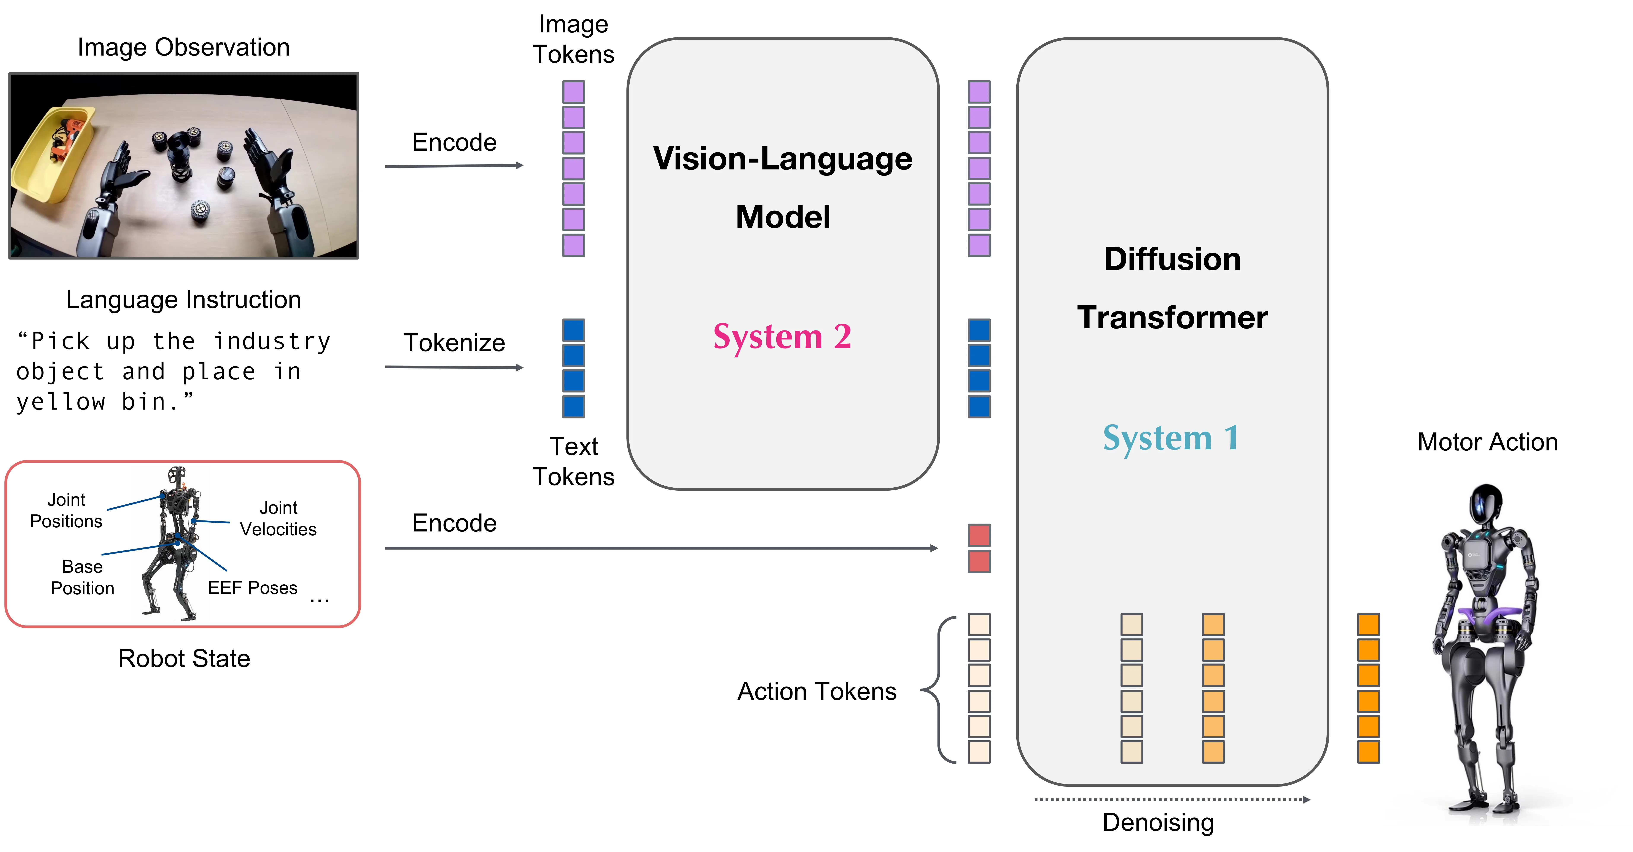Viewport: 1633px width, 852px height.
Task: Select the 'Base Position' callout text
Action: click(82, 577)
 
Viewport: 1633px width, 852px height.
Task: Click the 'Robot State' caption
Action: click(184, 659)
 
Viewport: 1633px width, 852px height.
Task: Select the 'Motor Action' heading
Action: click(1487, 442)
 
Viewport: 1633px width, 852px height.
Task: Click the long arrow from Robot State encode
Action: click(659, 548)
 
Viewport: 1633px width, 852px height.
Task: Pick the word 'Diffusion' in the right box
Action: click(1172, 259)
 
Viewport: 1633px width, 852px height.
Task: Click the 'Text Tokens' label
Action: click(573, 461)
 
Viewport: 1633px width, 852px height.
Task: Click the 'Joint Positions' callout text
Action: click(66, 510)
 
